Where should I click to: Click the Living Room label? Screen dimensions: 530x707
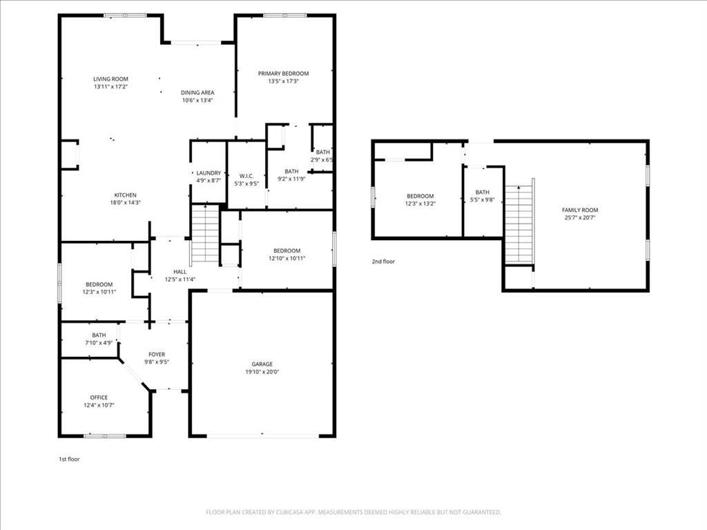click(110, 79)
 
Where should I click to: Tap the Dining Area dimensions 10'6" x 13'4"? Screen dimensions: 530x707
click(197, 100)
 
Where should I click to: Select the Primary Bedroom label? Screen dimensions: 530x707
click(283, 73)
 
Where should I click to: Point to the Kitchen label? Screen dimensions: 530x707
click(125, 195)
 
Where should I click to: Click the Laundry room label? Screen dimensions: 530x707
click(208, 173)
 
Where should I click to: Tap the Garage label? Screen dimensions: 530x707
click(262, 364)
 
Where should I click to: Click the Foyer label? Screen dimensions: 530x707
click(156, 354)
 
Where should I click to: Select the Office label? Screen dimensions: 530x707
click(99, 397)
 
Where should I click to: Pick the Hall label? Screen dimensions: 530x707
click(180, 271)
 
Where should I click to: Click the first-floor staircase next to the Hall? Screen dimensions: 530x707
click(205, 235)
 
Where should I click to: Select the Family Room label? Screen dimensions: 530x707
click(580, 210)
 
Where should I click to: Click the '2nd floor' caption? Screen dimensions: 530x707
click(383, 262)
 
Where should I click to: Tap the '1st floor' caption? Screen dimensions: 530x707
click(69, 459)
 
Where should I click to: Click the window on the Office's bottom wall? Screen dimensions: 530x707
click(105, 435)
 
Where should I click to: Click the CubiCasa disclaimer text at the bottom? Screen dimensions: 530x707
click(353, 512)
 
